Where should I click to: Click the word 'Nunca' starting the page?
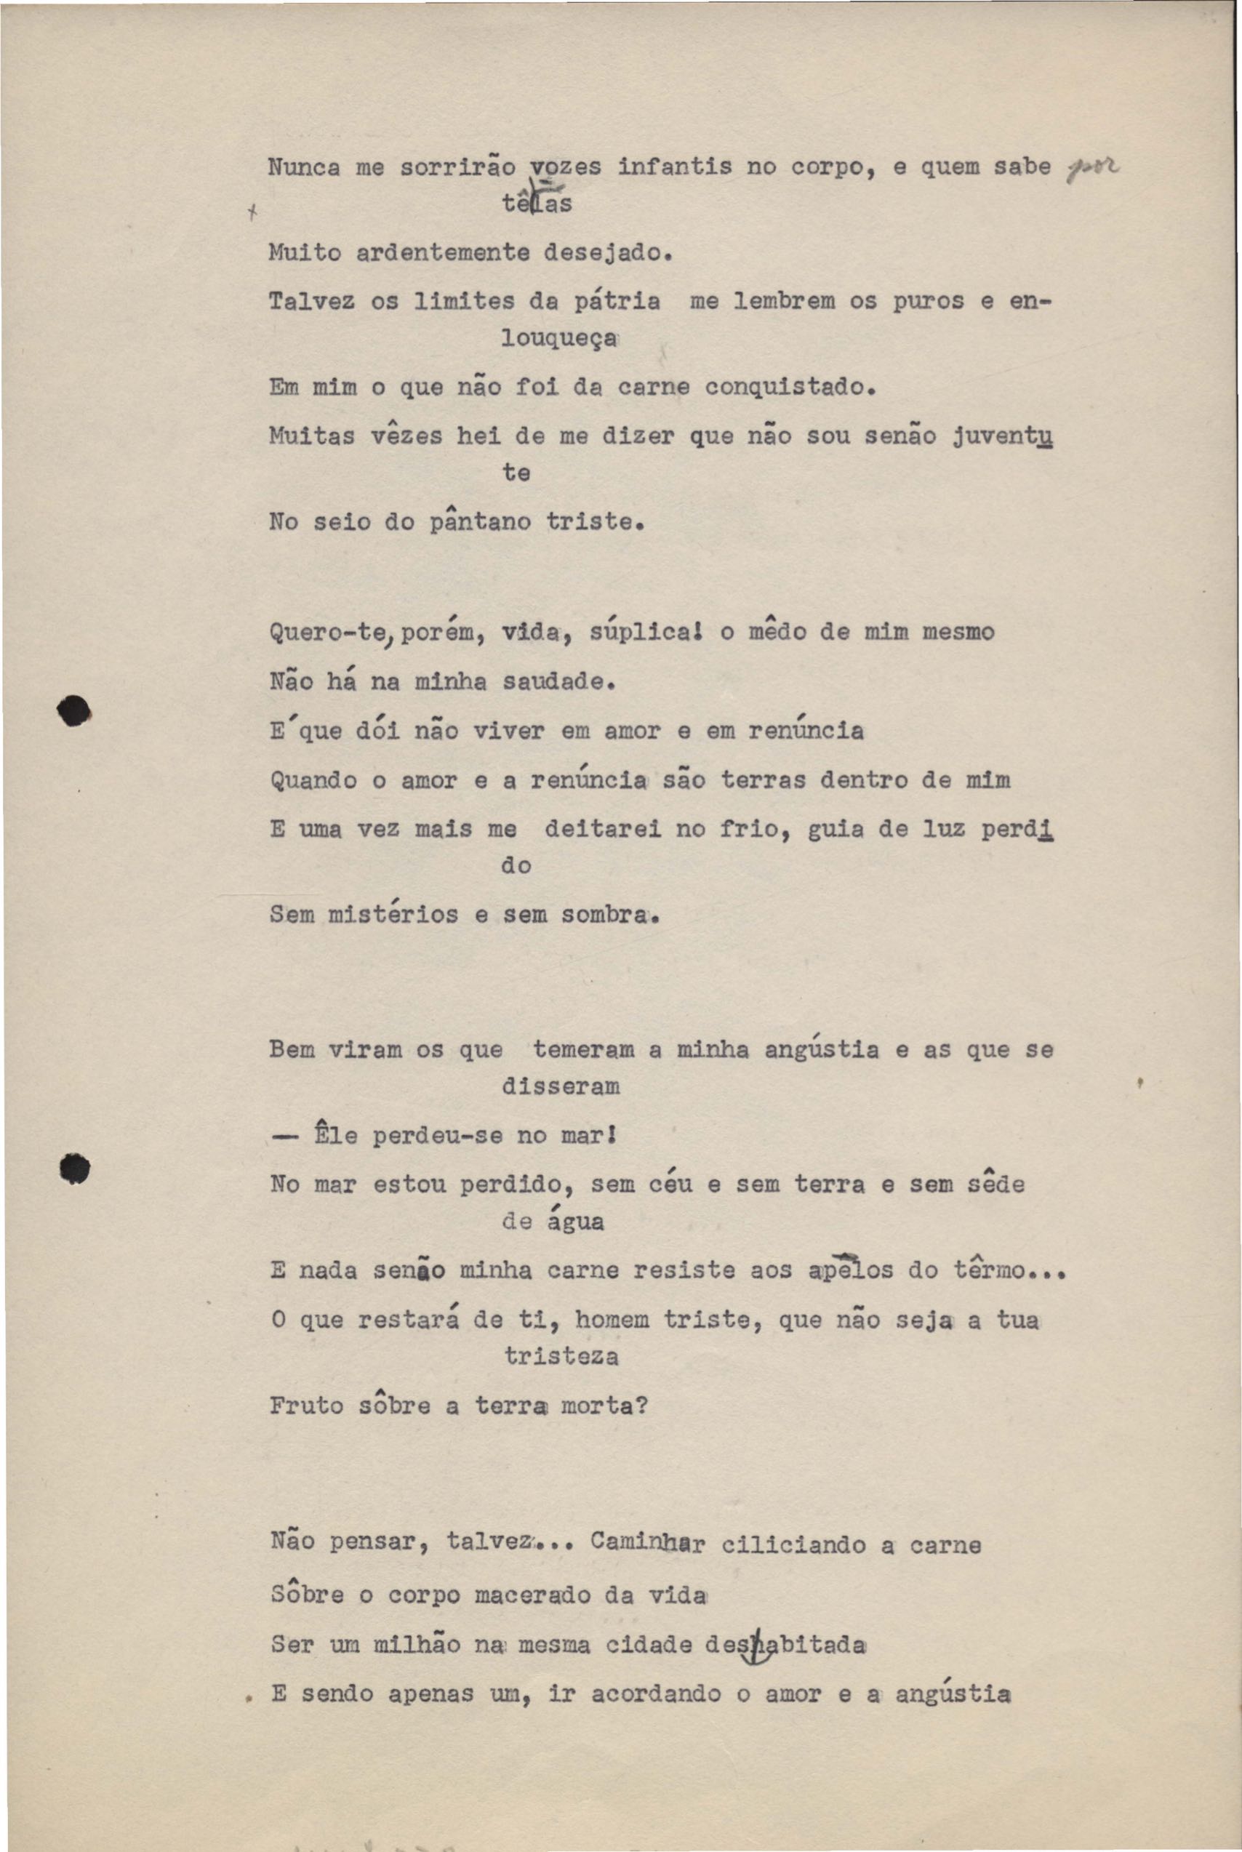(x=303, y=168)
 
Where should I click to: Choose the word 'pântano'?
(x=480, y=522)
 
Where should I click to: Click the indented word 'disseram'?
(x=561, y=1086)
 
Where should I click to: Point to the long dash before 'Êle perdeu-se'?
(x=284, y=1137)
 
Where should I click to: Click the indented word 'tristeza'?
(x=561, y=1357)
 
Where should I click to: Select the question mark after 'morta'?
(x=642, y=1406)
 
